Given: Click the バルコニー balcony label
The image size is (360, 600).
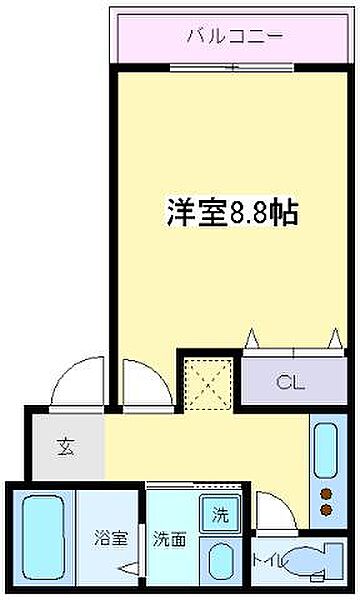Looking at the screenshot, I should (x=234, y=37).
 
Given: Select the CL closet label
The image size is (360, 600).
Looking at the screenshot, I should (x=290, y=382).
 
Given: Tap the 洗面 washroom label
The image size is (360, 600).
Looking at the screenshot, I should (x=168, y=538).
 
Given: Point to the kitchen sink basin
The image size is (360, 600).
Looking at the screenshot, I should (x=326, y=451).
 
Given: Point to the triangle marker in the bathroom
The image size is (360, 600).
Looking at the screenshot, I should (x=128, y=570).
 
